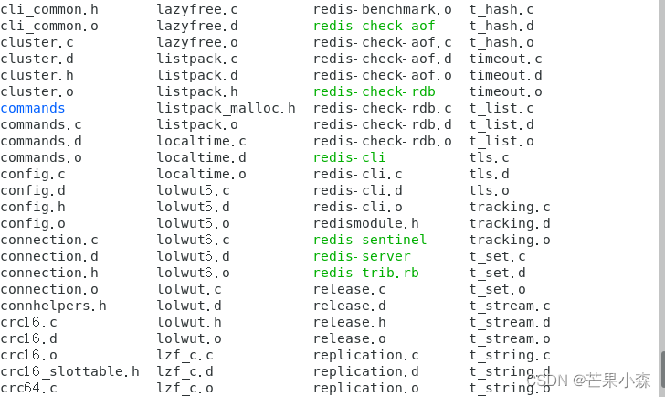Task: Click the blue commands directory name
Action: click(x=33, y=108)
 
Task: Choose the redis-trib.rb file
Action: click(x=365, y=273)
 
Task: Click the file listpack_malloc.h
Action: click(x=226, y=108)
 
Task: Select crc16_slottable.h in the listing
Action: click(x=69, y=371)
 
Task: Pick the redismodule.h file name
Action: click(x=365, y=223)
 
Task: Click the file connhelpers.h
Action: click(x=53, y=306)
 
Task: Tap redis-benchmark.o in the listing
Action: click(x=382, y=9)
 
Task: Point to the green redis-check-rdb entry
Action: click(x=374, y=91)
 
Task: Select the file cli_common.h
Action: click(x=49, y=9)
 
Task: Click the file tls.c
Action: click(x=489, y=157)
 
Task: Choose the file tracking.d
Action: click(x=510, y=223)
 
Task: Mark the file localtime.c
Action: click(x=201, y=141)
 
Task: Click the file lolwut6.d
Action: click(x=193, y=256)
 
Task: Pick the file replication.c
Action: click(x=365, y=355)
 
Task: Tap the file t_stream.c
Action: click(x=510, y=306)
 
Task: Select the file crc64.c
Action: click(x=28, y=388)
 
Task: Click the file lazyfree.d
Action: click(x=197, y=26)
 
